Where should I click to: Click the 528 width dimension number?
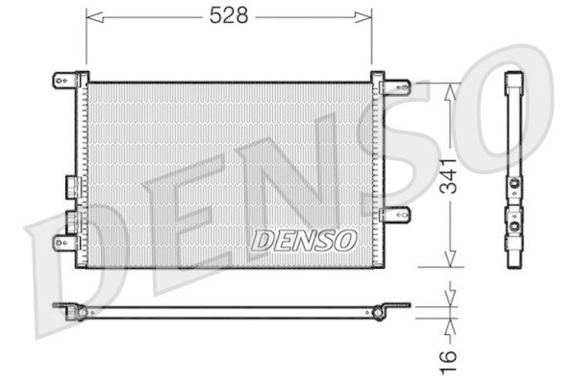tap(229, 16)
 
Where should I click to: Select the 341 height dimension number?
tap(449, 175)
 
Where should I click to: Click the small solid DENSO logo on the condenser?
tap(304, 240)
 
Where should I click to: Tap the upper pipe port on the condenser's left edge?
tap(70, 185)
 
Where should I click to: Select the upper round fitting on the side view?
tap(514, 185)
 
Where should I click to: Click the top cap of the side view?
tap(513, 78)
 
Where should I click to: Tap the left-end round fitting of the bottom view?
tap(81, 312)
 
